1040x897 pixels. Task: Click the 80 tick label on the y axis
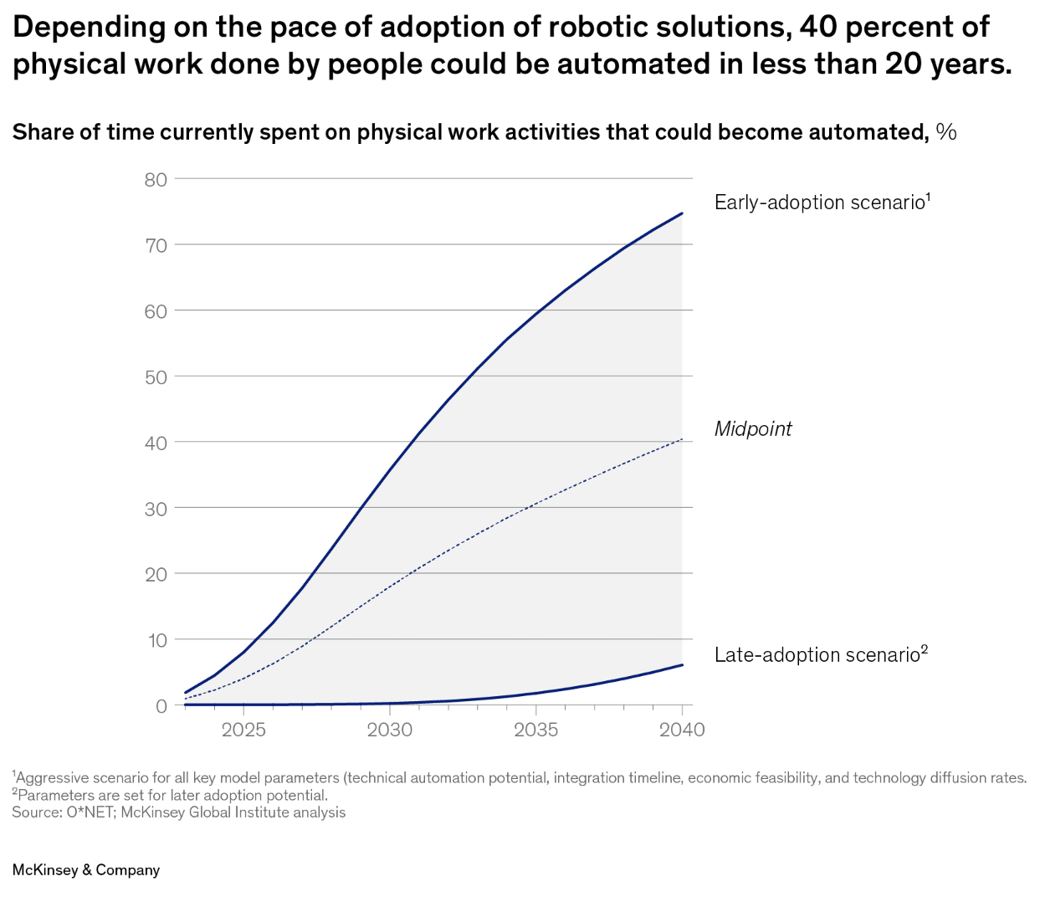pyautogui.click(x=156, y=180)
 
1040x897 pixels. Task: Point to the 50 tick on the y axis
pyautogui.click(x=156, y=377)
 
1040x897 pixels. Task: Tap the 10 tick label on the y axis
pyautogui.click(x=157, y=641)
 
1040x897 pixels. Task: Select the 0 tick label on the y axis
pyautogui.click(x=161, y=706)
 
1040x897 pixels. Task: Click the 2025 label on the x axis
pyautogui.click(x=243, y=730)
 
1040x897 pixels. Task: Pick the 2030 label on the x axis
pyautogui.click(x=390, y=730)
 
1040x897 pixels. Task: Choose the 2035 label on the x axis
pyautogui.click(x=536, y=730)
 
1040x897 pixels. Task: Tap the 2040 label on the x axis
pyautogui.click(x=682, y=730)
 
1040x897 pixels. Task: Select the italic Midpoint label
pyautogui.click(x=753, y=429)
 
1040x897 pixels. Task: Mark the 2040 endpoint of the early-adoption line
pyautogui.click(x=683, y=213)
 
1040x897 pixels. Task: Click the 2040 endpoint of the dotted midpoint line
pyautogui.click(x=683, y=438)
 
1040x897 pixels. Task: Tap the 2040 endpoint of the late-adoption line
pyautogui.click(x=683, y=665)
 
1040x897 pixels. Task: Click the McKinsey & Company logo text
pyautogui.click(x=86, y=870)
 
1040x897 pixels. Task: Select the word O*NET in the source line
pyautogui.click(x=90, y=812)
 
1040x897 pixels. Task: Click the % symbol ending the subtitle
pyautogui.click(x=946, y=132)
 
